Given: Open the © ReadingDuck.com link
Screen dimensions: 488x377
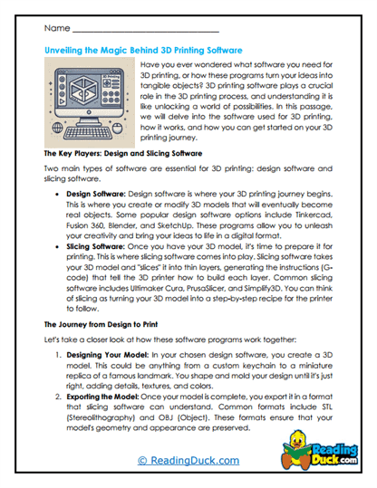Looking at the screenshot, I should click(x=188, y=461).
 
